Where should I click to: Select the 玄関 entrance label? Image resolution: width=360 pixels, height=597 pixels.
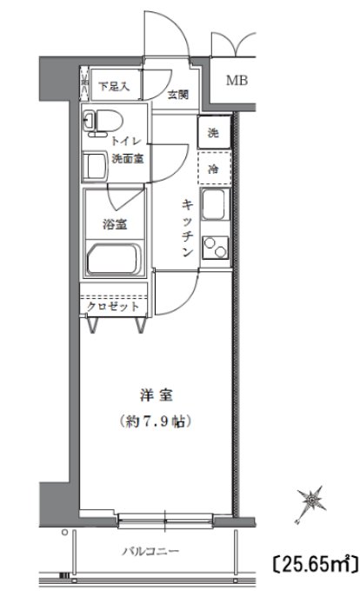click(178, 96)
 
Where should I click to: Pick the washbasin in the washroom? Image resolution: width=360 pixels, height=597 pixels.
click(94, 164)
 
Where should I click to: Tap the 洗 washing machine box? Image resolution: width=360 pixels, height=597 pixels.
click(213, 133)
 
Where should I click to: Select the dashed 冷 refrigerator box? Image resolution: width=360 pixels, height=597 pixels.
click(213, 169)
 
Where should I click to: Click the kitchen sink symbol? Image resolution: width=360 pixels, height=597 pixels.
click(214, 208)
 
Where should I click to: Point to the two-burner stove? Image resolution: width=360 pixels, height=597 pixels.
click(214, 249)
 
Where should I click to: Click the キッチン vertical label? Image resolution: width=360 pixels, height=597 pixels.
click(187, 228)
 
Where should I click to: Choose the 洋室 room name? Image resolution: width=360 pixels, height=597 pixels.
click(156, 395)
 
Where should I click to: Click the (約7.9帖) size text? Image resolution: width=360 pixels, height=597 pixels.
click(156, 423)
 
